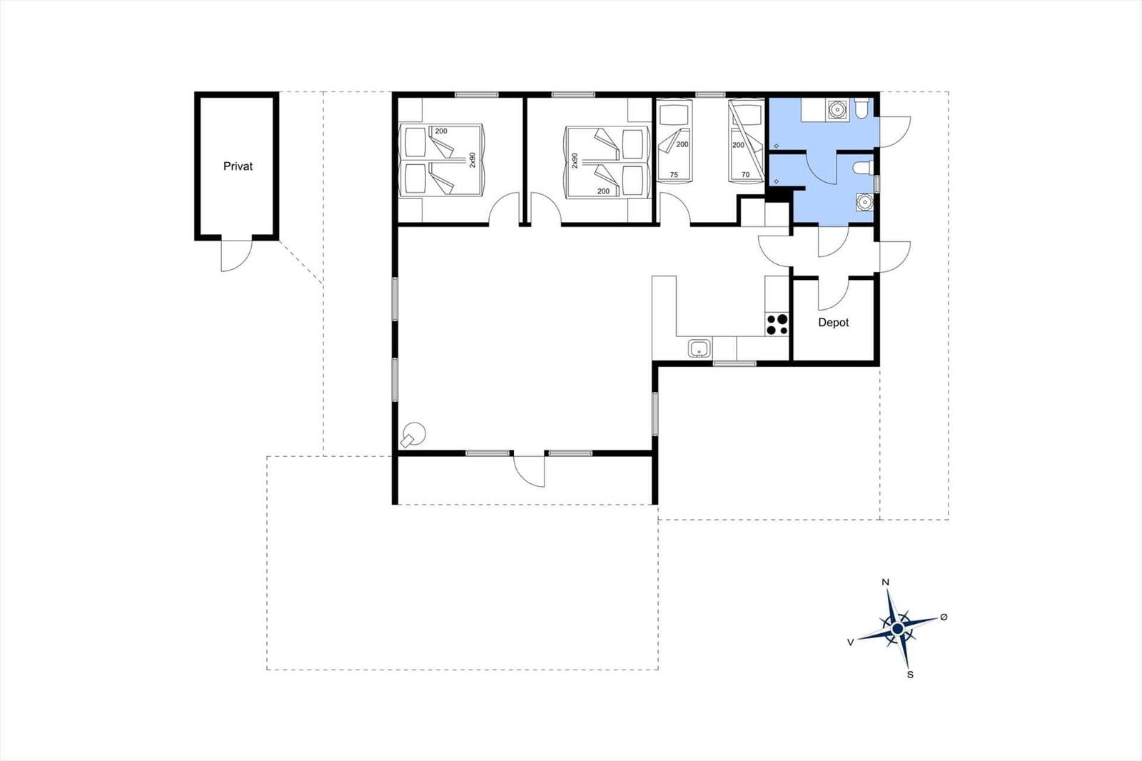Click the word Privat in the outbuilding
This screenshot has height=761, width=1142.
point(238,166)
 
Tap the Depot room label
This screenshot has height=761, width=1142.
point(834,323)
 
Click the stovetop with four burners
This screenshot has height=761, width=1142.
point(777,324)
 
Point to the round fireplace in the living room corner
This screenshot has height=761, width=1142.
point(413,435)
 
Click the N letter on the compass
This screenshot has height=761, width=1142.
point(886,583)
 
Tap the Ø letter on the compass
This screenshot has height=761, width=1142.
point(944,618)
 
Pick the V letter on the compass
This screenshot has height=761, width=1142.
point(850,642)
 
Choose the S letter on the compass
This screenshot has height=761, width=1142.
point(910,675)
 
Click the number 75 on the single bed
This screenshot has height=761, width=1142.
point(674,175)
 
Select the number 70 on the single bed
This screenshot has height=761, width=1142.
point(745,175)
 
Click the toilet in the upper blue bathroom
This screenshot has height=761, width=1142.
point(861,109)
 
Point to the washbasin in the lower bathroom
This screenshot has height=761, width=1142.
point(864,203)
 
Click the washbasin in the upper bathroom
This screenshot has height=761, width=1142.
point(838,110)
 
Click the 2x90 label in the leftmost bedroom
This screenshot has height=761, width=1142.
point(472,160)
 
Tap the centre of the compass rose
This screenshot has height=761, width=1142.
point(898,629)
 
